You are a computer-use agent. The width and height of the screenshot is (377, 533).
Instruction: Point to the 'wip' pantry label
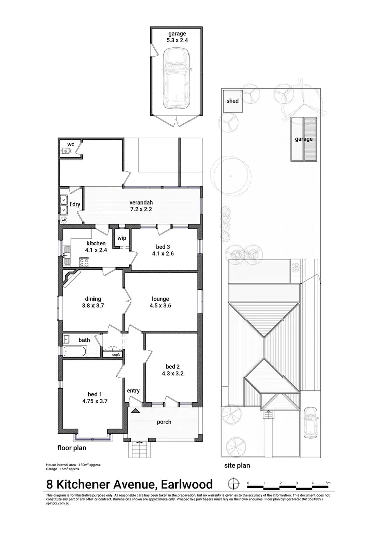pyautogui.click(x=121, y=238)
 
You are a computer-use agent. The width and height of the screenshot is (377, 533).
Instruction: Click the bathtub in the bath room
pyautogui.click(x=76, y=351)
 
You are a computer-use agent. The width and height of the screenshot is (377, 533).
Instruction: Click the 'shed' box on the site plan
pyautogui.click(x=232, y=101)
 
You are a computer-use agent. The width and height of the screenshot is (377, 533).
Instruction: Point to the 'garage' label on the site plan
pyautogui.click(x=303, y=139)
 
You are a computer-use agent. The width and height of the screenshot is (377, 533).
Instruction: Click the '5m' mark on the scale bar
pyautogui.click(x=328, y=483)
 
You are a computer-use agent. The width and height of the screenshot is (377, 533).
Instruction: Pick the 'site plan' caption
pyautogui.click(x=237, y=466)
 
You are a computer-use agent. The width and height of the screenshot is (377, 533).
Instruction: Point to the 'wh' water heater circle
pyautogui.click(x=64, y=220)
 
